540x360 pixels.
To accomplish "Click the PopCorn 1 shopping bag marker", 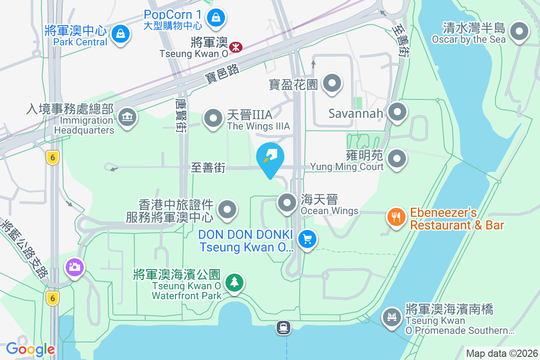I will (216, 18).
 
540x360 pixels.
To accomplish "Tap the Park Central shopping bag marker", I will (121, 34).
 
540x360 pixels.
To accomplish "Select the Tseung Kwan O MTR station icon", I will (235, 46).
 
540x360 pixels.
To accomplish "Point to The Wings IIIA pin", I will (213, 119).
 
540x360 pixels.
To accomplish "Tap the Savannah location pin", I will (397, 112).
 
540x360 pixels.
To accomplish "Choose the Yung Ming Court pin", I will (397, 158).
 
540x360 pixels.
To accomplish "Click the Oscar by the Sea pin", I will (520, 31).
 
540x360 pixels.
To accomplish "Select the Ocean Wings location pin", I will (287, 202).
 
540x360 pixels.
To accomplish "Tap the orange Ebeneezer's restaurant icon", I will (396, 217).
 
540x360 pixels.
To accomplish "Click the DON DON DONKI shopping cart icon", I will (307, 239).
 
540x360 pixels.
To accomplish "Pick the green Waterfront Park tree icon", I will (234, 283).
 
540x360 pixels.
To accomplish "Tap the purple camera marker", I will (74, 267).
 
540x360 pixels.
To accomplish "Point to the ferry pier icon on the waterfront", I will (283, 328).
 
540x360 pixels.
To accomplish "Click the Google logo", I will (30, 349).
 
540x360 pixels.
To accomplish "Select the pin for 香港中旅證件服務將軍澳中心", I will (227, 210).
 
